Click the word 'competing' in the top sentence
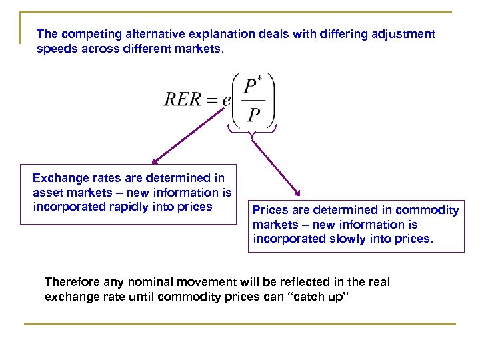click(x=88, y=33)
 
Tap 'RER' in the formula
click(x=182, y=99)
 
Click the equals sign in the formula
click(x=212, y=100)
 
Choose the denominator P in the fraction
click(x=253, y=115)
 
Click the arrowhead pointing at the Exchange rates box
click(x=155, y=160)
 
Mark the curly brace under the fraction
click(x=251, y=131)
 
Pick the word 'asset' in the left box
click(x=47, y=193)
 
